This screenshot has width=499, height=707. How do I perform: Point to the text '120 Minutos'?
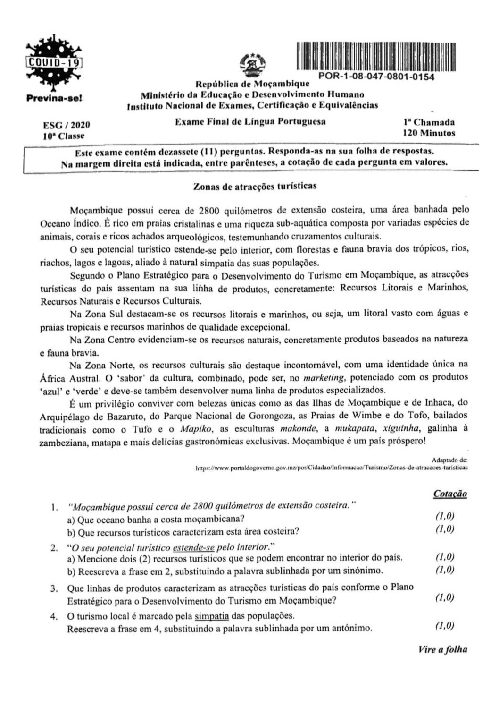(429, 133)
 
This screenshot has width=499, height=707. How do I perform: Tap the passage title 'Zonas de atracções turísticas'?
(255, 186)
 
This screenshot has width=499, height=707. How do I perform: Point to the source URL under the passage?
(331, 468)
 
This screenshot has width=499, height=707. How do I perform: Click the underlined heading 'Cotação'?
(450, 494)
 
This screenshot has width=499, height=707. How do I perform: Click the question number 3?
(55, 588)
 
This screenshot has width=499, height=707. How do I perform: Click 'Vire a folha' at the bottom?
(442, 649)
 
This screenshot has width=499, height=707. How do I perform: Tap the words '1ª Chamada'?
(426, 122)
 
